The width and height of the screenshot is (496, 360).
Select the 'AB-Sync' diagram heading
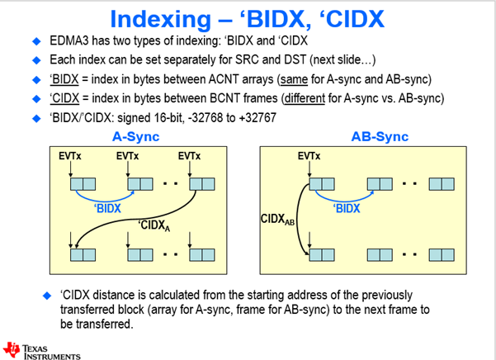point(358,137)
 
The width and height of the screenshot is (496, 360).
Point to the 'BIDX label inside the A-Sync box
point(107,209)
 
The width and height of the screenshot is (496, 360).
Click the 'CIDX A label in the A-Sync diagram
point(155,225)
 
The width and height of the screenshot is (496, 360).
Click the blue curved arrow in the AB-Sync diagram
point(346,194)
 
